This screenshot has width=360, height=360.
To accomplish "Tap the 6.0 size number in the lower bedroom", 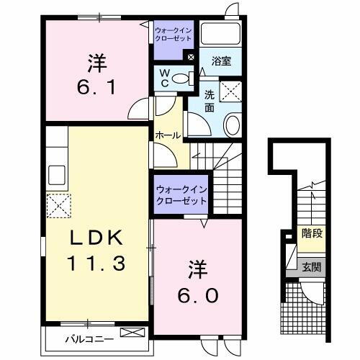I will click(199, 295).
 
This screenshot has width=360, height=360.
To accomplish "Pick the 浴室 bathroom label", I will click(221, 63).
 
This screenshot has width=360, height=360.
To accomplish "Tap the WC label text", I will click(165, 77).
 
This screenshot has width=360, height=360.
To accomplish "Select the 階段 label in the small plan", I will click(311, 233).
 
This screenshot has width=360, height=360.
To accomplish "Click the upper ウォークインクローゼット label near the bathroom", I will click(171, 34).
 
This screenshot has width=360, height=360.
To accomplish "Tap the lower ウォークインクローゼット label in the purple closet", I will click(180, 194).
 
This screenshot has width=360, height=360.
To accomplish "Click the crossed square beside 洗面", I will click(230, 91).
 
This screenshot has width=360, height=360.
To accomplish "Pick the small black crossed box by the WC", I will click(191, 58).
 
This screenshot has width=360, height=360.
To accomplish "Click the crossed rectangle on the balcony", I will click(132, 333).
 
